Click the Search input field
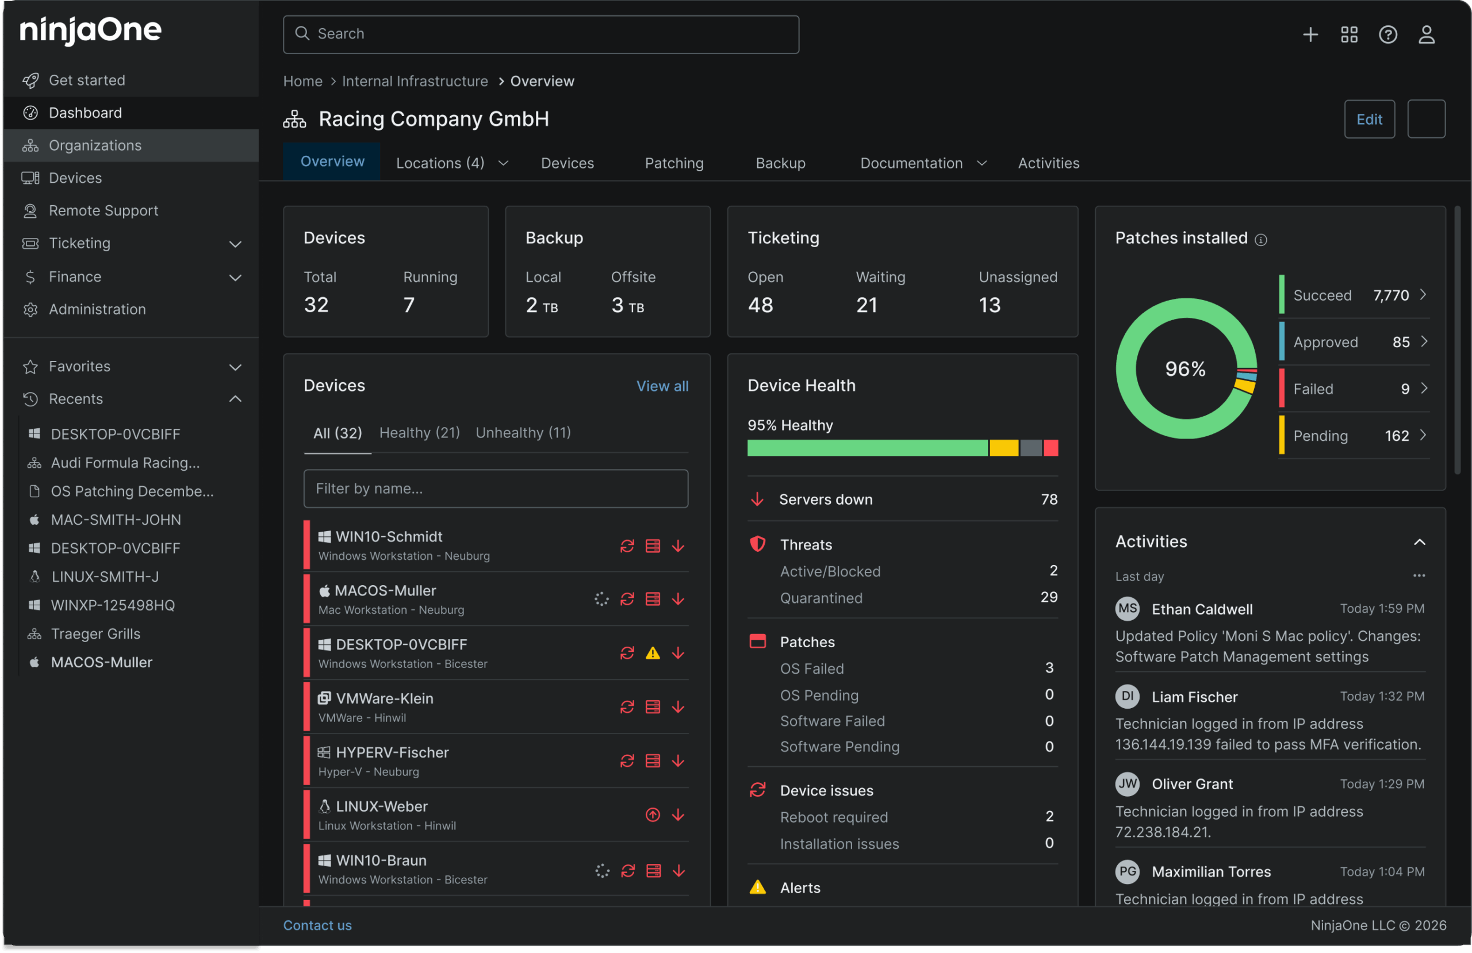tap(540, 34)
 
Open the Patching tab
tap(674, 163)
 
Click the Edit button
tap(1368, 120)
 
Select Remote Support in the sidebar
tap(103, 211)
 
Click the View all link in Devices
tap(662, 386)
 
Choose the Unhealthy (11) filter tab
tap(523, 433)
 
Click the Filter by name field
tap(496, 489)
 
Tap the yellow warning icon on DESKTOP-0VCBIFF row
tap(653, 653)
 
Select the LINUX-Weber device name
tap(381, 806)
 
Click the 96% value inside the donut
tap(1185, 369)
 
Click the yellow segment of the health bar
tap(1003, 448)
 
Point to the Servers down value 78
tap(1048, 499)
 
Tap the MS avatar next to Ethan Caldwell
tap(1127, 609)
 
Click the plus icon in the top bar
tap(1310, 34)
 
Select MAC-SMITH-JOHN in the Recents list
tap(116, 520)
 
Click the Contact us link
tap(317, 925)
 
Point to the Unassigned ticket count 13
tap(989, 306)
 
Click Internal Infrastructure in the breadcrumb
tap(415, 82)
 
